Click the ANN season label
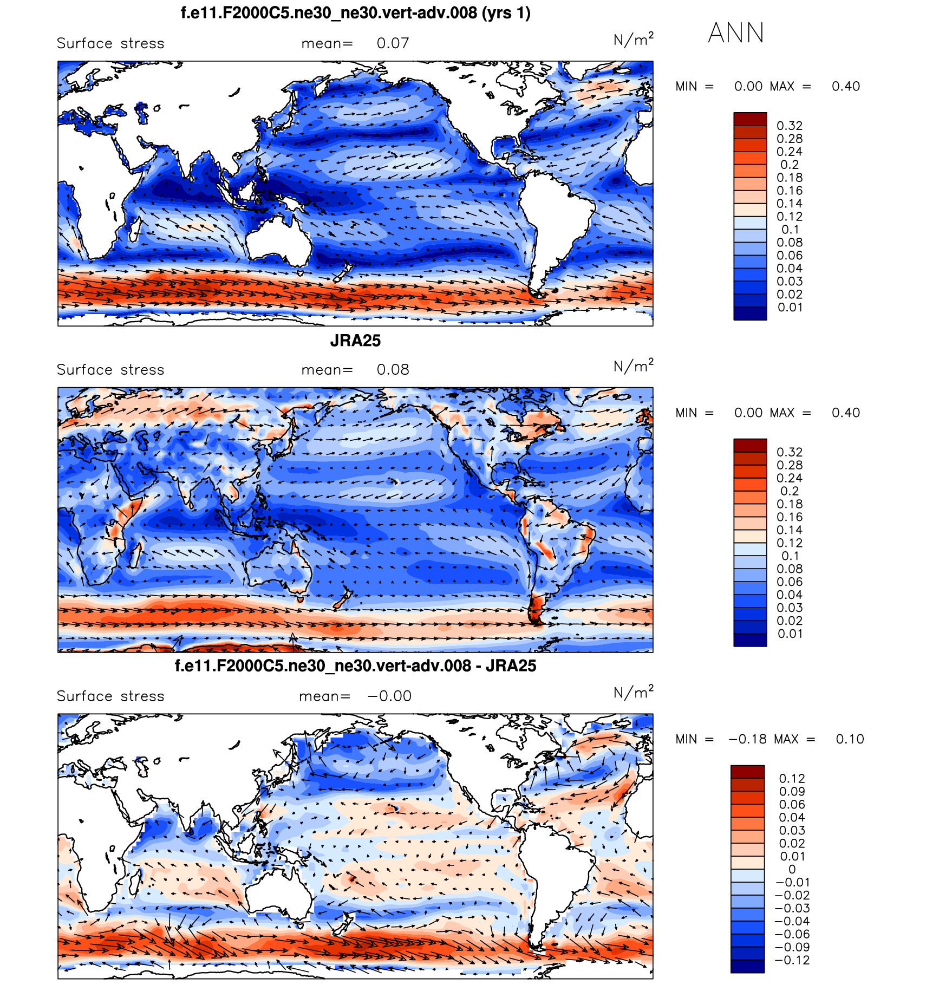[x=735, y=33]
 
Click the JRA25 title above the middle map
[x=355, y=341]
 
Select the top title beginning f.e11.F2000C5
[x=355, y=12]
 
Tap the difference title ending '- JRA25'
[x=355, y=666]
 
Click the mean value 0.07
[x=393, y=43]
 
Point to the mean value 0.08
[x=393, y=370]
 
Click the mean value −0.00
[x=390, y=696]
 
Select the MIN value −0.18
[x=748, y=739]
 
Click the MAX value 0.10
[x=850, y=739]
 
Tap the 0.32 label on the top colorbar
[x=790, y=126]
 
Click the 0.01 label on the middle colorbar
[x=790, y=634]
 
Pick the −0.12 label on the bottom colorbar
[x=792, y=960]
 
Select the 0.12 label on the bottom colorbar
[x=792, y=778]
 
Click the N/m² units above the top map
[x=633, y=40]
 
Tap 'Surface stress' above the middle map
[x=110, y=370]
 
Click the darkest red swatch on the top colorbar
[x=750, y=119]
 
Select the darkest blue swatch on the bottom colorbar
[x=747, y=966]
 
